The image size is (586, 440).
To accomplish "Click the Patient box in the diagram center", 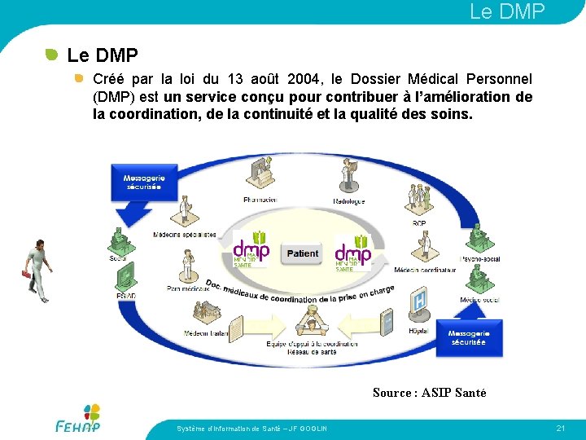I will click(303, 253).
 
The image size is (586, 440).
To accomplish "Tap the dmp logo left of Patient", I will click(251, 251).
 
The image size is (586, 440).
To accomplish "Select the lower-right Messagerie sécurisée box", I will click(468, 338).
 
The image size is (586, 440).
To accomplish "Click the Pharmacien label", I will click(260, 200).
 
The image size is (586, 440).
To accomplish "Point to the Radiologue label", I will click(348, 201).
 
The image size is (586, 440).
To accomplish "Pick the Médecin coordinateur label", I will click(425, 270).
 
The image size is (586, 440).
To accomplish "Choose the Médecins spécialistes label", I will click(185, 235).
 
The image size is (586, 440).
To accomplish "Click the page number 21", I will click(560, 428).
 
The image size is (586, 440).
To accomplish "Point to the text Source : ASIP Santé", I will click(429, 393).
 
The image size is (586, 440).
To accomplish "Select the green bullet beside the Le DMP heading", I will click(51, 55).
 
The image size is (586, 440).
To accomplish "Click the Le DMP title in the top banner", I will click(506, 11).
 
